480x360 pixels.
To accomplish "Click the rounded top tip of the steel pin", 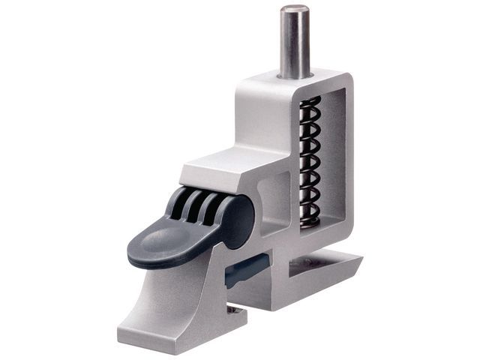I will coord(295,10).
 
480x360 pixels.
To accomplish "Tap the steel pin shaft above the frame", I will coord(295,41).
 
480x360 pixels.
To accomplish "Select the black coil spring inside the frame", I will coord(310,157).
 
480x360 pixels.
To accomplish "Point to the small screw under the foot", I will coord(233,309).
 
